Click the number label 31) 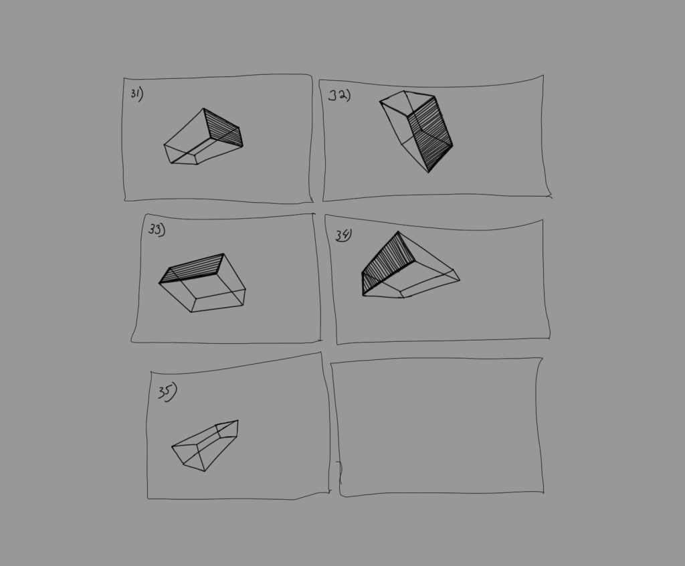(x=136, y=94)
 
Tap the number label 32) (x=339, y=95)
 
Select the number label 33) (x=157, y=229)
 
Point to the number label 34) (x=344, y=235)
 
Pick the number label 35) (x=167, y=391)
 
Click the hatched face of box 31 (x=223, y=128)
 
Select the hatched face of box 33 (x=193, y=269)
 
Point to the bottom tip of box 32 (x=429, y=172)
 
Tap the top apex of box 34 (x=399, y=232)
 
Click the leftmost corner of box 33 (x=159, y=283)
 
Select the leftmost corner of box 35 (x=172, y=447)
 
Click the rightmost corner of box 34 (x=460, y=280)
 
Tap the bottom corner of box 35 (x=204, y=471)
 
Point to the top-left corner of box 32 (x=380, y=102)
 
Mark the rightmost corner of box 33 (x=246, y=290)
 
